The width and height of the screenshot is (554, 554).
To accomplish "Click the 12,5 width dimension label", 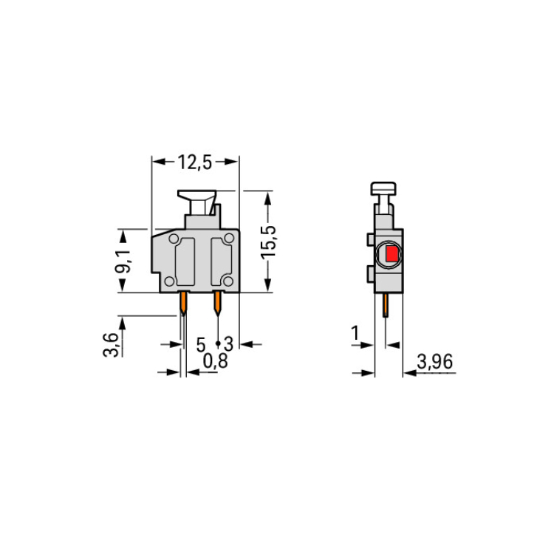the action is pos(195,163).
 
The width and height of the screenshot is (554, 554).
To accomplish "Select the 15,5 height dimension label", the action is pos(268,242).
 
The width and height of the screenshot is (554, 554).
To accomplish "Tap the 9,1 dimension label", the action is pos(123,261).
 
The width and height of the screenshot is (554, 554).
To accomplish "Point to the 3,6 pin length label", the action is pos(110,344).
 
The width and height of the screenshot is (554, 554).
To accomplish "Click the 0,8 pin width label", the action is pos(216,361).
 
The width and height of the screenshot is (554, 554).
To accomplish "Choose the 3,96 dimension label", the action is pos(434,362).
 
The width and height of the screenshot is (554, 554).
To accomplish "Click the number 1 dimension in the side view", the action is pos(355,333).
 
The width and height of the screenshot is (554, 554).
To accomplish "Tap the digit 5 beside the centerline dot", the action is pos(201,344).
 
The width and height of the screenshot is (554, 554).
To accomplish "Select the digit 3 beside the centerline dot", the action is pos(229,344).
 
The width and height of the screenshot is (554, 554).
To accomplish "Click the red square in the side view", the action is pos(391,253).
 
